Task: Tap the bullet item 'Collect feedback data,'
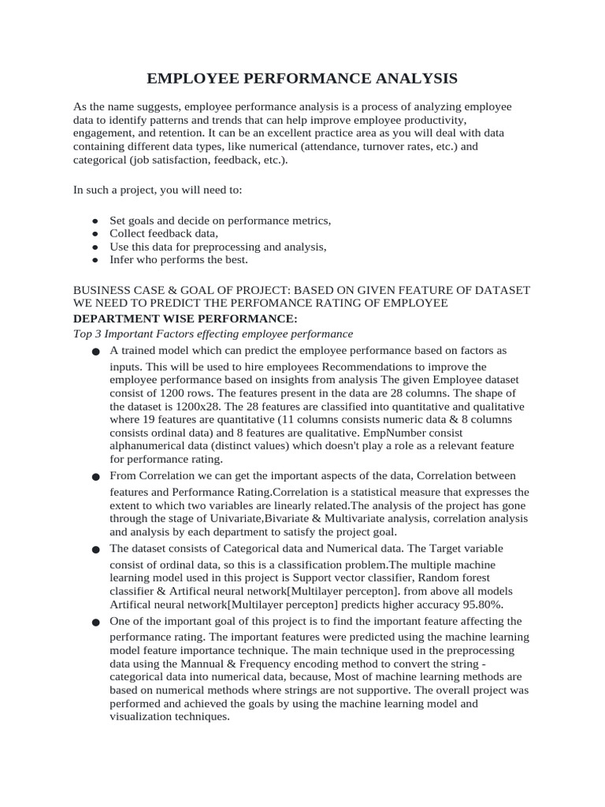[164, 233]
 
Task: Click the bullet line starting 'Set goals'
[221, 221]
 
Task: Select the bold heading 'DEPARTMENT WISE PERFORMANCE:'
[185, 318]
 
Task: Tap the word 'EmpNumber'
[419, 433]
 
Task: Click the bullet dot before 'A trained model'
[96, 351]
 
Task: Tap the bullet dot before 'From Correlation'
[96, 477]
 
